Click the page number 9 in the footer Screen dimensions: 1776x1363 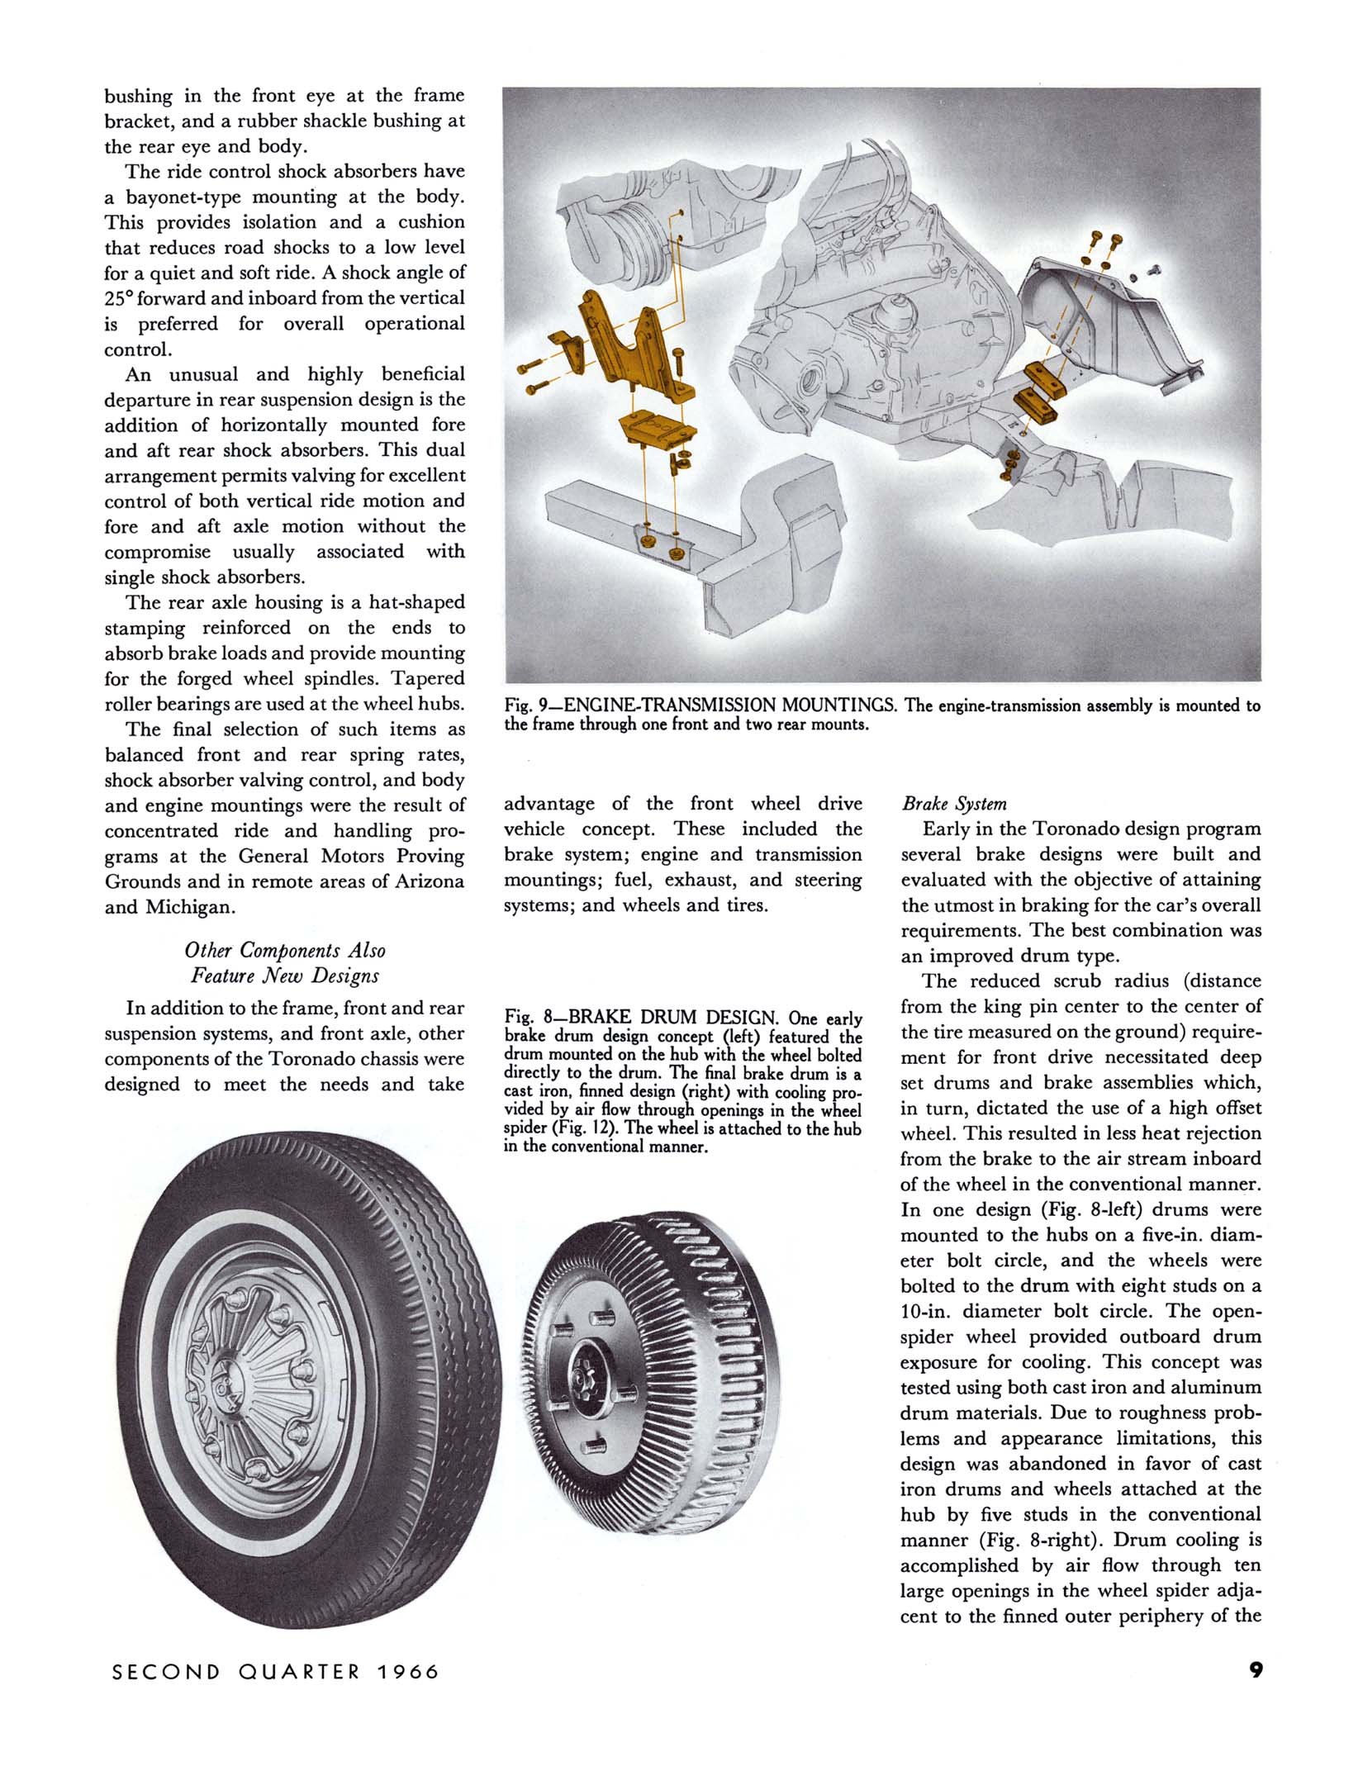(1256, 1669)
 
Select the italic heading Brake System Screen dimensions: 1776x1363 (954, 804)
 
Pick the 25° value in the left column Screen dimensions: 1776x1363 (118, 298)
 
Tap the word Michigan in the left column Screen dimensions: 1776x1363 (189, 907)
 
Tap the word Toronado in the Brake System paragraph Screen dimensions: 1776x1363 (1074, 829)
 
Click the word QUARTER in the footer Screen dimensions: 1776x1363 (299, 1672)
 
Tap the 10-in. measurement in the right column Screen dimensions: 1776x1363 (926, 1311)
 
